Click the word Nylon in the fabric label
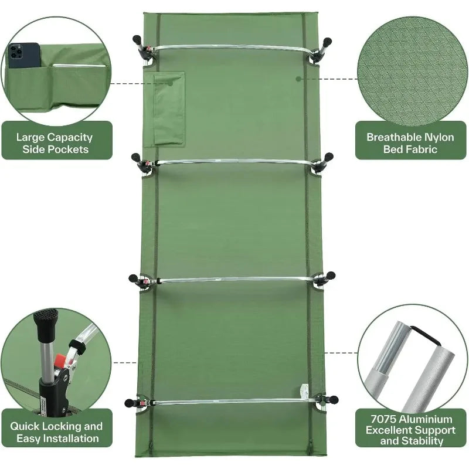tap(438, 137)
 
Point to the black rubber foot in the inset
tap(42, 318)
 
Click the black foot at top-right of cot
tap(327, 42)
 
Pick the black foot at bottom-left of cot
tap(129, 403)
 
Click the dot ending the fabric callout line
tap(298, 78)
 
